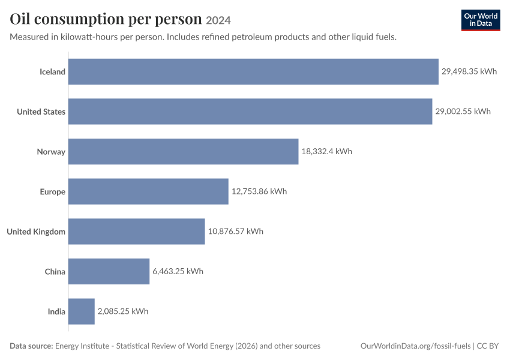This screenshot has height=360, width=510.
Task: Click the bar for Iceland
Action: click(253, 71)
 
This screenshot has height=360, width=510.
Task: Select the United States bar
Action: click(250, 112)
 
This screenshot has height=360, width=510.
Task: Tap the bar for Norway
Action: click(184, 152)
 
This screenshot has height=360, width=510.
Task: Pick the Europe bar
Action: click(148, 191)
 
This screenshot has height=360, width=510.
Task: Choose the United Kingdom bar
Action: click(137, 232)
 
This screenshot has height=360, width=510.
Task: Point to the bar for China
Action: click(109, 272)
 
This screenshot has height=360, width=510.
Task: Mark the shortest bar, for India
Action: click(82, 311)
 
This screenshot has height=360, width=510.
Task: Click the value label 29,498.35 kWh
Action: click(469, 71)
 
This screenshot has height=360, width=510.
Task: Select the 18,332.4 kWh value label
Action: click(327, 152)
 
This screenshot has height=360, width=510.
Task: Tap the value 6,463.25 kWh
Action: click(178, 272)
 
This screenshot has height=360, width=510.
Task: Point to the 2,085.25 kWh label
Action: click(123, 311)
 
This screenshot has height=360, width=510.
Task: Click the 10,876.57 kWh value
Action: click(236, 232)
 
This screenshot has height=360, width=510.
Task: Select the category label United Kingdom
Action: click(36, 232)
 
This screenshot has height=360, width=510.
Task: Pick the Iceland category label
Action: click(52, 71)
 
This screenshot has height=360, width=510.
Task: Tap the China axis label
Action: click(55, 272)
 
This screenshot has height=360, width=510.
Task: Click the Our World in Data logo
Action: click(481, 20)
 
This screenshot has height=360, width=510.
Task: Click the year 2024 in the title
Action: click(218, 20)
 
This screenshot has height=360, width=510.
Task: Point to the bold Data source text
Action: click(31, 346)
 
